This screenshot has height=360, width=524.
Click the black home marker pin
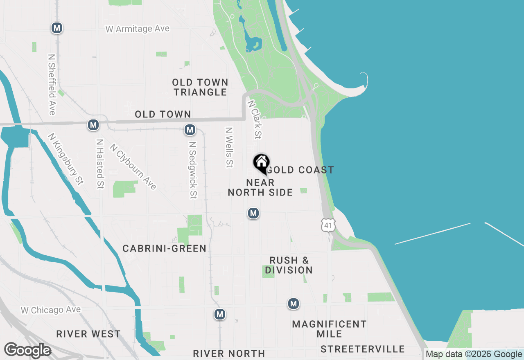tap(261, 163)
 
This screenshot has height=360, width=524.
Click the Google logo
tap(27, 350)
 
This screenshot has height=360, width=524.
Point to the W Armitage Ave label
tap(137, 29)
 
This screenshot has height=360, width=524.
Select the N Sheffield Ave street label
tap(52, 84)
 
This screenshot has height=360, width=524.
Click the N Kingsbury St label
tap(65, 159)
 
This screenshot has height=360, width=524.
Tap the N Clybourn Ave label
tap(133, 166)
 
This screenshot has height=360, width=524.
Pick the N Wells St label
tap(229, 147)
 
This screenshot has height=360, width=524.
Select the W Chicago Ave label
tap(51, 310)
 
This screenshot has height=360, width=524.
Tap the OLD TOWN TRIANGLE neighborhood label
tap(200, 88)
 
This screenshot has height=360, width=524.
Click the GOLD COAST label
tap(302, 170)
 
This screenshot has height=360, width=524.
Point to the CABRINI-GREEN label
tap(164, 248)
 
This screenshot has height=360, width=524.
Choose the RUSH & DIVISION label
tap(289, 265)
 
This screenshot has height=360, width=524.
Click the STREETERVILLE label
tap(363, 349)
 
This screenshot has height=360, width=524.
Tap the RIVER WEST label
tap(88, 334)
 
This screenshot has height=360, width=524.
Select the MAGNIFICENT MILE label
tap(329, 329)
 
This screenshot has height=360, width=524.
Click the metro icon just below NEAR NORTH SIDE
tap(253, 213)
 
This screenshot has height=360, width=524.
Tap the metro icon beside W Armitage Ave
tap(57, 28)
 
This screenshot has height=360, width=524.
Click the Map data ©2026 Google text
tap(474, 354)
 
